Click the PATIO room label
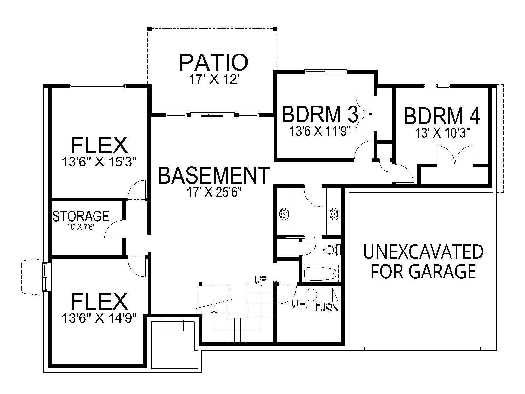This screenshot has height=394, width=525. pos(214,62)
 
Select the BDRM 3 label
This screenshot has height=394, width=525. pos(320,115)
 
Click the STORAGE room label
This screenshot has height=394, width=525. pos(81,216)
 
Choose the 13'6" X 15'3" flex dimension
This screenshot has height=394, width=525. pos(99,162)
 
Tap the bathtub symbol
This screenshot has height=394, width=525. pos(321,274)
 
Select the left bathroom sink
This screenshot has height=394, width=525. pos(284,213)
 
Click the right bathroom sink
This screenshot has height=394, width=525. pos(334,213)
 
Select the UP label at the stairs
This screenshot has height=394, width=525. pos(261,279)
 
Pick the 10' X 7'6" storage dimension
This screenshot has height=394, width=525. pos(81,227)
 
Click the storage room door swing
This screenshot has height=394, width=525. pos(114,229)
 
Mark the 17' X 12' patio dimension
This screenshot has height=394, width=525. pos(214,79)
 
